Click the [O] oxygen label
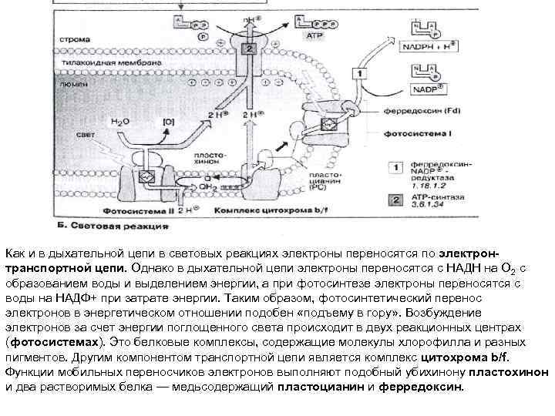click(170, 121)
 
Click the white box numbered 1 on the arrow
click(358, 73)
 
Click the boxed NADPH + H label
click(432, 47)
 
